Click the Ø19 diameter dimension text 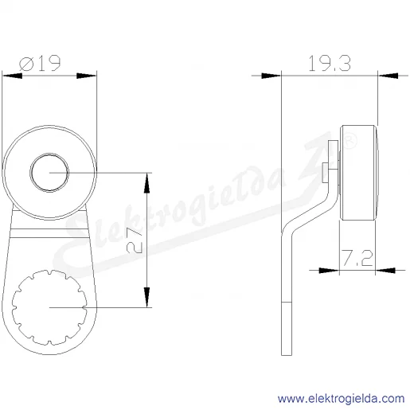pyautogui.click(x=40, y=63)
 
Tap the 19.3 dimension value pyautogui.click(x=330, y=63)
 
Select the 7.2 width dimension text pyautogui.click(x=357, y=258)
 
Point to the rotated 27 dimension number pyautogui.click(x=135, y=240)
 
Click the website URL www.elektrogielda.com pyautogui.click(x=342, y=399)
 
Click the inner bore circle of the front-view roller pyautogui.click(x=49, y=153)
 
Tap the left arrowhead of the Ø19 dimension pyautogui.click(x=12, y=76)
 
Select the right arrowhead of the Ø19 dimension pyautogui.click(x=87, y=76)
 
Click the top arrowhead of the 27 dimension pyautogui.click(x=146, y=182)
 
